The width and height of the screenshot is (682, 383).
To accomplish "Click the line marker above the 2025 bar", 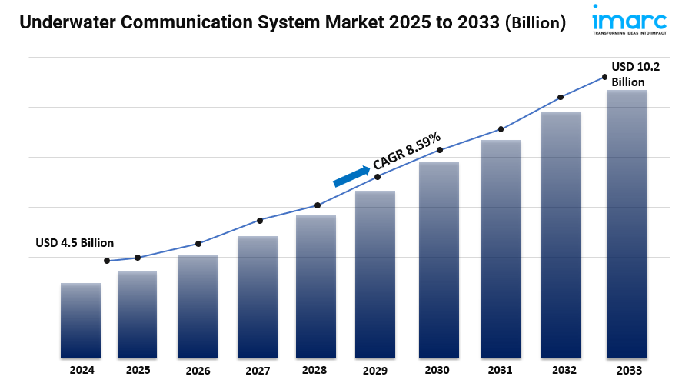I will coord(138,258).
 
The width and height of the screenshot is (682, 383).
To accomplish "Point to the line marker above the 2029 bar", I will coord(378,177).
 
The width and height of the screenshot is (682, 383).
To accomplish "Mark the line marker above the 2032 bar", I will coord(561,98).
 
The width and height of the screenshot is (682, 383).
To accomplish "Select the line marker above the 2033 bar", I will coord(604,76).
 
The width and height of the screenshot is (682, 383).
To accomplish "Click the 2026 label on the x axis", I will coord(198,371).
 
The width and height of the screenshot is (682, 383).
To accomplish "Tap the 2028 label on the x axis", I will coord(314,370).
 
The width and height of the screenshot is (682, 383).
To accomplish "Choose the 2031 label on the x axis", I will coord(501,370).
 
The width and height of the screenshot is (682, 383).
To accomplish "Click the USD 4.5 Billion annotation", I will coord(75,243).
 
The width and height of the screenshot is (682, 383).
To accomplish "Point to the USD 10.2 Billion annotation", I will coord(635,75).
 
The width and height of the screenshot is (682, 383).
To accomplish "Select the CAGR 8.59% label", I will coord(407,150).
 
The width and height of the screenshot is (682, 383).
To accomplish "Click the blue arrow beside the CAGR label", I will coord(351,175).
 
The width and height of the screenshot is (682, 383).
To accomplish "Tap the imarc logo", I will coord(629,19).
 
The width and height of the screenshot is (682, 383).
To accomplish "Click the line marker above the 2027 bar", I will coord(260,221).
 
